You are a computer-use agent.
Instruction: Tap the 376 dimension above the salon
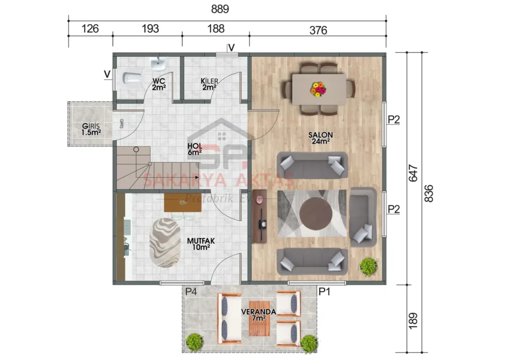pyautogui.click(x=318, y=30)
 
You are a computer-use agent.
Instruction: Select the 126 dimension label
pyautogui.click(x=90, y=28)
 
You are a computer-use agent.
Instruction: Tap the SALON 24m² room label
pyautogui.click(x=319, y=138)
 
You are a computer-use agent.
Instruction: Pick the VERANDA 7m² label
pyautogui.click(x=260, y=315)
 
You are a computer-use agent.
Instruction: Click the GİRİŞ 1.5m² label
pyautogui.click(x=91, y=129)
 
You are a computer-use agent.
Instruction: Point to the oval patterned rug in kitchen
pyautogui.click(x=166, y=242)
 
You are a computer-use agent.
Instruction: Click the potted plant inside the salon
pyautogui.click(x=368, y=266)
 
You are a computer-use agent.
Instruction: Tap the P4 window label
pyautogui.click(x=191, y=292)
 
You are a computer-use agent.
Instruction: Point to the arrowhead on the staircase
pyautogui.click(x=196, y=177)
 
